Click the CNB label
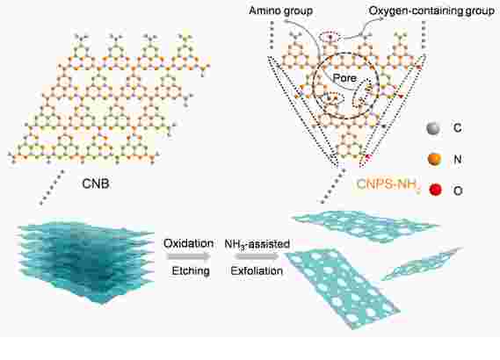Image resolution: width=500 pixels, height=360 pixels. pos(96,184)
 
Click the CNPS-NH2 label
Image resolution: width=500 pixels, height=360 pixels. pos(388,184)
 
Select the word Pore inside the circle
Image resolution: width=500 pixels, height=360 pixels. pos(344,78)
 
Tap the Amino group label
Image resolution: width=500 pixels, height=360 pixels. pos(280,11)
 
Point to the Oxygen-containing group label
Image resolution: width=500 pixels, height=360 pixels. pos(431,11)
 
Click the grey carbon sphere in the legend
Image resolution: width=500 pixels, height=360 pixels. pos(433,128)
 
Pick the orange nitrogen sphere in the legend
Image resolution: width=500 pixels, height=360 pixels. pos(434,159)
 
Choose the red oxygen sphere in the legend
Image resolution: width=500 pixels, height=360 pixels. pos(435,190)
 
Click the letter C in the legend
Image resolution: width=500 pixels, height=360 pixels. pos(457,128)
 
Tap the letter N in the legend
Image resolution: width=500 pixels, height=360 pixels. pos(458,159)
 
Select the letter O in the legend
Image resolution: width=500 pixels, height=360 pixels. pos(458,191)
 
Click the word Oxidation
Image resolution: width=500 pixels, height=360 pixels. pos(188,243)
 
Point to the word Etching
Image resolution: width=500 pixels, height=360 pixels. pos(191,270)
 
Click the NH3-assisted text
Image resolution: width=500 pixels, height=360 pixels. pos(257,244)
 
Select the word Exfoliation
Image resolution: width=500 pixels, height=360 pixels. pos(257,270)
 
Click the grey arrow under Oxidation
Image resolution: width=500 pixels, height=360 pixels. pos(188,256)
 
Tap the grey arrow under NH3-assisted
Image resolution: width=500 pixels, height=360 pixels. pos(257,256)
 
